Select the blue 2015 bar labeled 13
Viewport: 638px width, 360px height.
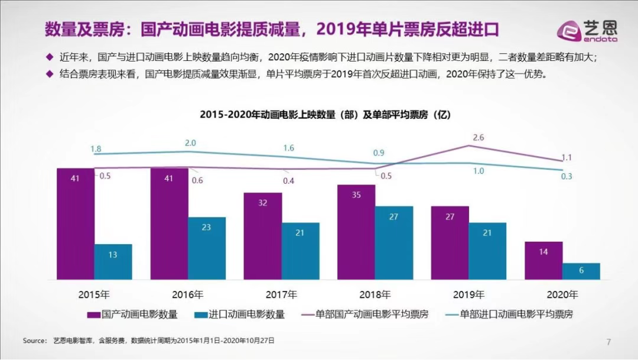(113, 261)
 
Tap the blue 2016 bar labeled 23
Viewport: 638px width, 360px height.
(207, 248)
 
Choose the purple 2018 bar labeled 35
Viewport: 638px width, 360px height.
(356, 232)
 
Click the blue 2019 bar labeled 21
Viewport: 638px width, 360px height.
(487, 251)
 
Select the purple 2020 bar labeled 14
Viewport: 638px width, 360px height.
(543, 260)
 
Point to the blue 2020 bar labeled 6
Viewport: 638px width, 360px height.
(581, 271)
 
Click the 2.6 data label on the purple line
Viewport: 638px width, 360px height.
(479, 137)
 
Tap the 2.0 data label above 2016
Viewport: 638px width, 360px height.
(190, 143)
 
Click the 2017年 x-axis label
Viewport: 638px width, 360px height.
(281, 294)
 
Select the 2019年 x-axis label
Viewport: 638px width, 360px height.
(468, 294)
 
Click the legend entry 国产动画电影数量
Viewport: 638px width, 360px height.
(133, 314)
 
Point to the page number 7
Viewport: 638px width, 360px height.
(608, 342)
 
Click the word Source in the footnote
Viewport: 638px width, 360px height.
(34, 341)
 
